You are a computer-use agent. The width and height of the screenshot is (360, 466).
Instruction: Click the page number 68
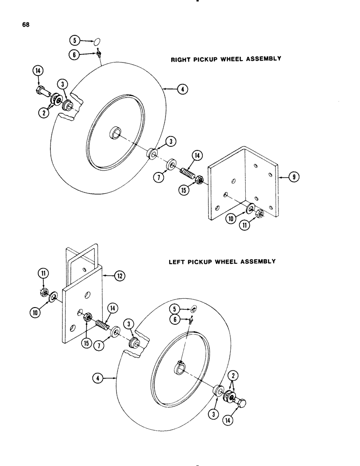tap(25, 25)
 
